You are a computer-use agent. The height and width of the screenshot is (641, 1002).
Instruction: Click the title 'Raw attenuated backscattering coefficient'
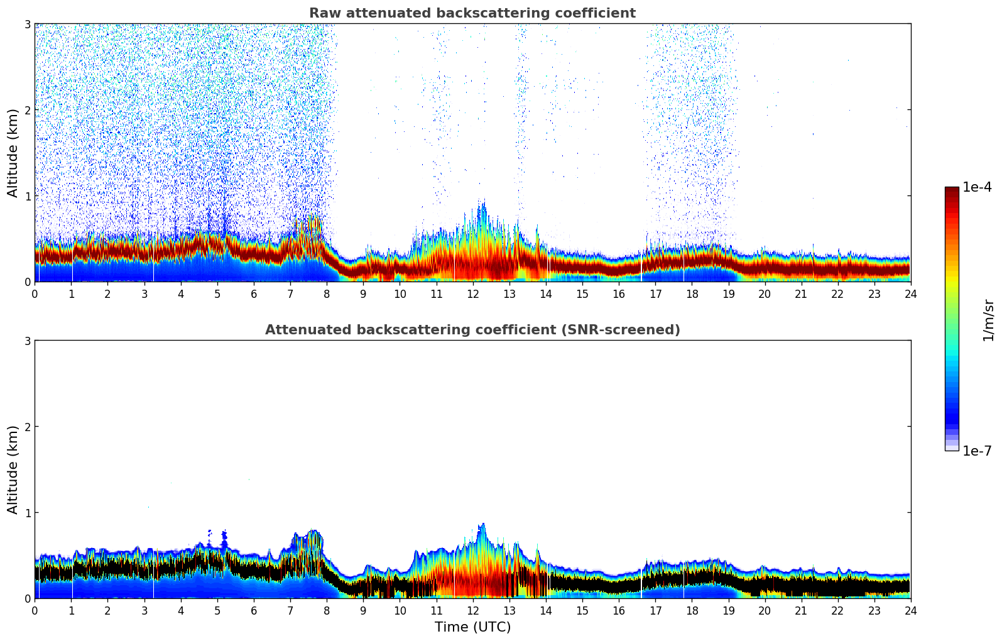472,13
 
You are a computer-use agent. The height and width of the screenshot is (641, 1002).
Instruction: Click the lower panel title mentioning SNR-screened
472,330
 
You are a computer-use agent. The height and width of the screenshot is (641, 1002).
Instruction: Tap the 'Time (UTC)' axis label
472,627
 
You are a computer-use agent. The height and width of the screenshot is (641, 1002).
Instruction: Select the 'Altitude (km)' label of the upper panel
13,153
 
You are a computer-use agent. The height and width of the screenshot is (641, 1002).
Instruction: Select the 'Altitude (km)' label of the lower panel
13,469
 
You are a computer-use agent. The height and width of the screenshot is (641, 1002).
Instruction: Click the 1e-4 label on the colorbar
977,187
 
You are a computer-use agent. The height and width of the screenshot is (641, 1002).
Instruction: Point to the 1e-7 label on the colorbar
977,451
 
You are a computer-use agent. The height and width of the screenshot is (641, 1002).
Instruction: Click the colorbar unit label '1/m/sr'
988,320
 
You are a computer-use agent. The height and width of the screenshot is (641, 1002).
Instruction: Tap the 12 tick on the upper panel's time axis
473,294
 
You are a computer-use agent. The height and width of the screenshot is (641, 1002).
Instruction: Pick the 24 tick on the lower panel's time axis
911,611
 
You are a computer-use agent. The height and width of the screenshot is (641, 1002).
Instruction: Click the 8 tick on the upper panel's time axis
327,294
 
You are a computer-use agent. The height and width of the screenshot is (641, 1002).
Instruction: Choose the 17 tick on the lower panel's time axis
655,611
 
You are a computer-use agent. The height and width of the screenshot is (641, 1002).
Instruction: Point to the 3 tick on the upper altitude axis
27,24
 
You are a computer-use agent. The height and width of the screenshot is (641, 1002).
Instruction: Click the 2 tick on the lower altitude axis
27,427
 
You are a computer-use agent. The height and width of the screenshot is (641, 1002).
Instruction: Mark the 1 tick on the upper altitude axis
27,196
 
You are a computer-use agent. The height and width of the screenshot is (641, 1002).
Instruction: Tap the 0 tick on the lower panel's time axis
35,611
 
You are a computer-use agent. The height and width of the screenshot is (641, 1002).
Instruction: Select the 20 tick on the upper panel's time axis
765,294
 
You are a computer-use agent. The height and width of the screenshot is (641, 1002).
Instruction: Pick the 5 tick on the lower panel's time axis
217,611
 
